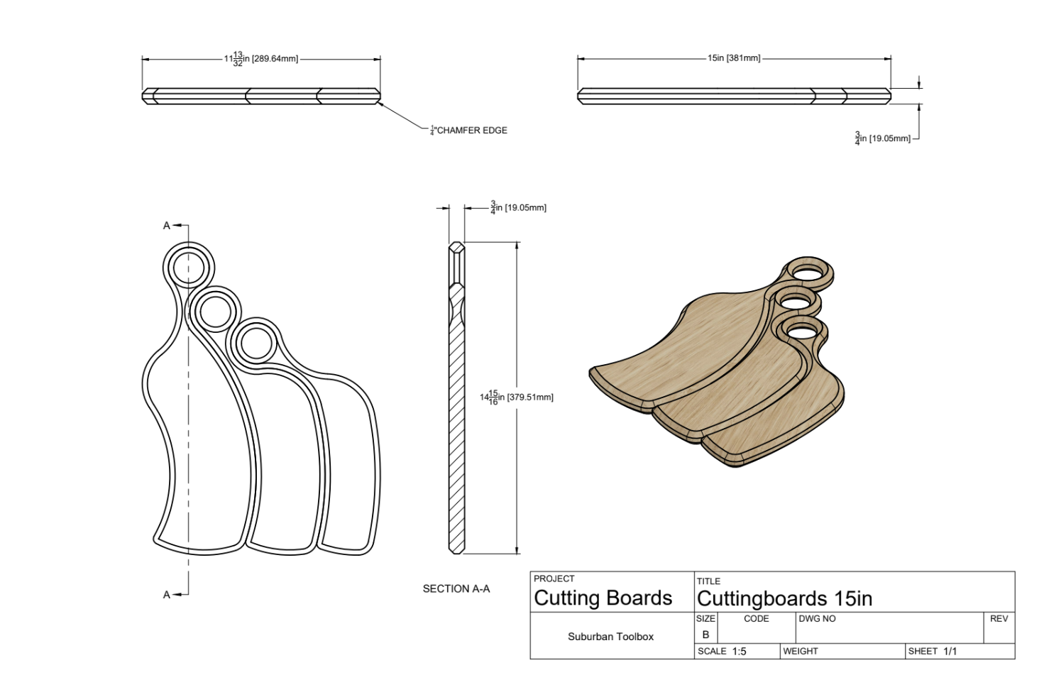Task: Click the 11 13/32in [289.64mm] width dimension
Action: tap(261, 59)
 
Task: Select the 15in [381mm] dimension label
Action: tap(734, 58)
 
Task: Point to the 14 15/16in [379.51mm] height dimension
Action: tap(516, 397)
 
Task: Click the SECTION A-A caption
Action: tap(456, 588)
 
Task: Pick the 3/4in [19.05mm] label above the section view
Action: tap(518, 208)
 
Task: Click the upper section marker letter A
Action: tap(167, 226)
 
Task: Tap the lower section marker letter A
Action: tap(167, 595)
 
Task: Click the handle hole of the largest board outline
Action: tap(189, 267)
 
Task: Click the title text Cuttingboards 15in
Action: tap(784, 598)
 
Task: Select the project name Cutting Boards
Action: tap(603, 598)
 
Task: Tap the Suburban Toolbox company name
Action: tap(610, 637)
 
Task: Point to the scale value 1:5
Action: tap(739, 652)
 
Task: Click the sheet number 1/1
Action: tap(950, 652)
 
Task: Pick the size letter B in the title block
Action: tap(705, 635)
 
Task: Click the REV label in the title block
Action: tap(999, 619)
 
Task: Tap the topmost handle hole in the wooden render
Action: tap(809, 271)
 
